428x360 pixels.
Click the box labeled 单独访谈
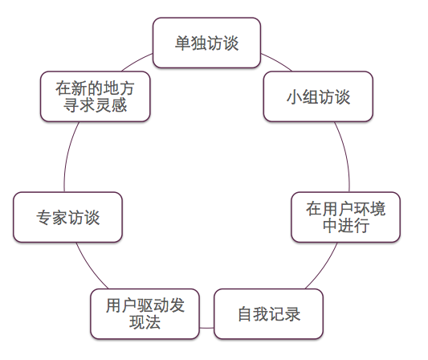tap(206, 43)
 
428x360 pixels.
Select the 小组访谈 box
tap(318, 96)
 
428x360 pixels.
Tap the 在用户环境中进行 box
tap(346, 217)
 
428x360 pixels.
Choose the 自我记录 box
tap(269, 314)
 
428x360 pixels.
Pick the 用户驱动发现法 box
tap(145, 314)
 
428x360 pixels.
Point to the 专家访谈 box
tap(67, 217)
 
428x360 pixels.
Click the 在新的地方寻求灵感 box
tap(96, 96)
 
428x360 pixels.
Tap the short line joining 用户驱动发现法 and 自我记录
tap(207, 328)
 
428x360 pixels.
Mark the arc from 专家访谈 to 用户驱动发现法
tap(91, 267)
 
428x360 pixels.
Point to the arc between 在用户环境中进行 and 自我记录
tap(323, 267)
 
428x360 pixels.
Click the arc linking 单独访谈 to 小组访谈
tap(277, 61)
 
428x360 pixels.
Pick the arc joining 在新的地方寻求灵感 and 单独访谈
tap(137, 61)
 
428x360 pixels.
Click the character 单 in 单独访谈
tap(183, 43)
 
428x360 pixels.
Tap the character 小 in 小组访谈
tap(294, 96)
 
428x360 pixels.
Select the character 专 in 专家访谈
tap(44, 218)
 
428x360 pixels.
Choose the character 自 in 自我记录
tap(246, 314)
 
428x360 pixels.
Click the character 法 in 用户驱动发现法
tap(153, 322)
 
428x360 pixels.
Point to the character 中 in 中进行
tap(330, 226)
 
